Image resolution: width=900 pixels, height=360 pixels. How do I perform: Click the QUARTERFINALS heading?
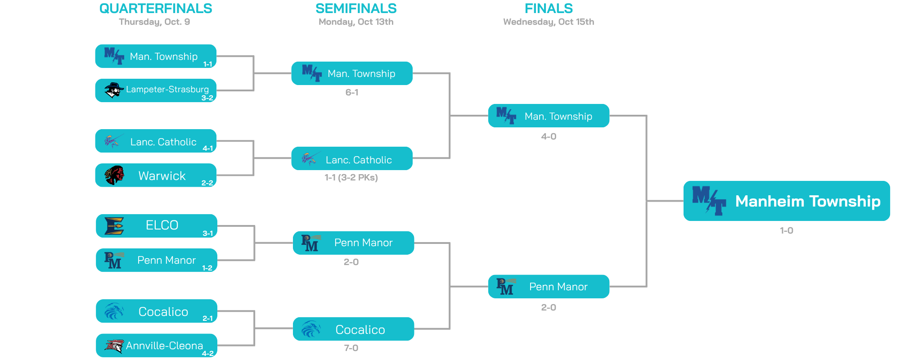[155, 9]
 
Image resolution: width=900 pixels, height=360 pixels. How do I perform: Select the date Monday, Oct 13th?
[356, 22]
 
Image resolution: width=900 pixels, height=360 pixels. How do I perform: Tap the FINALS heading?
[549, 9]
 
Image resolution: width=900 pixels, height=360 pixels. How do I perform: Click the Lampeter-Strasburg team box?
[156, 90]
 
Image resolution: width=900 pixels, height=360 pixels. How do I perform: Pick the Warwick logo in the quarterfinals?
[114, 175]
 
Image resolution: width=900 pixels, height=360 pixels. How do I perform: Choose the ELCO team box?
[157, 225]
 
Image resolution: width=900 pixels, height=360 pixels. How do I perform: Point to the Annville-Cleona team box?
[157, 346]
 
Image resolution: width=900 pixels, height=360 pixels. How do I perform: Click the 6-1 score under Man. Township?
[352, 92]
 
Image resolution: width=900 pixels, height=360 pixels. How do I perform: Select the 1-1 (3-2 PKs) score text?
[351, 177]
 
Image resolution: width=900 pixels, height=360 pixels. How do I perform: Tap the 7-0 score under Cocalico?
[351, 348]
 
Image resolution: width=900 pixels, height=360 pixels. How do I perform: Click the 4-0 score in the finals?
[549, 136]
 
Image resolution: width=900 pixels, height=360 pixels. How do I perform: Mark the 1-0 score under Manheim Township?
[787, 230]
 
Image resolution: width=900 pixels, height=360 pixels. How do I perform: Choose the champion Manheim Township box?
[787, 201]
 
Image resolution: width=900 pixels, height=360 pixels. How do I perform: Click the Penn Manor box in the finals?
[549, 287]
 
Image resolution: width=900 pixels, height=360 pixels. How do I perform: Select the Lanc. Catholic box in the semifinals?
[352, 158]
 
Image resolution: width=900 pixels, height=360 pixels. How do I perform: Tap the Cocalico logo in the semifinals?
[311, 329]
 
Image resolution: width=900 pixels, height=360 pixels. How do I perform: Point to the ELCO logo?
[114, 226]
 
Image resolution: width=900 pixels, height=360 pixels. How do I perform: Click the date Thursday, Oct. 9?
[154, 22]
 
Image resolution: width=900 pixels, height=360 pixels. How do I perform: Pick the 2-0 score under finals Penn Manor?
[549, 307]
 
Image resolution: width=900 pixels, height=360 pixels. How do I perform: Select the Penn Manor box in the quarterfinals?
[157, 260]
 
